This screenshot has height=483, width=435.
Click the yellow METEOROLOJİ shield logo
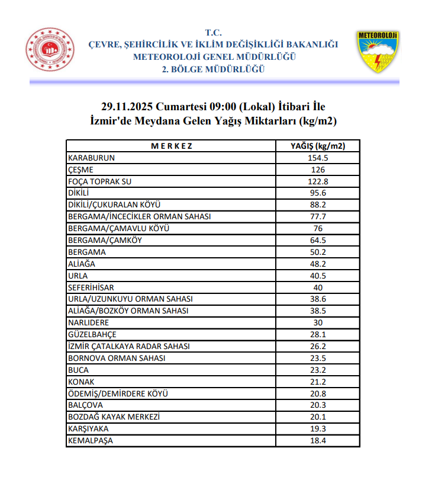[x=378, y=52]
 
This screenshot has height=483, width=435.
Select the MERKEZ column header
[x=171, y=146]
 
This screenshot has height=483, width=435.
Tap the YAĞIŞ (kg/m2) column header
[x=318, y=146]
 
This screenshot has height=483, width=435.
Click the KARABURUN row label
[x=92, y=158]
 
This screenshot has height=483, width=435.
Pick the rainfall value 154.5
[x=318, y=158]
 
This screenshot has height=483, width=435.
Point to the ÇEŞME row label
[x=81, y=169]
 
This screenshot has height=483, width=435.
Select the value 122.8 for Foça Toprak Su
[x=318, y=181]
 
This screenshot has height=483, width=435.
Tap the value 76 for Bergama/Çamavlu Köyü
[x=318, y=229]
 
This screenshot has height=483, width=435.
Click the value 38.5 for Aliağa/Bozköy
[x=318, y=311]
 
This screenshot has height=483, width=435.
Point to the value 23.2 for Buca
[x=318, y=370]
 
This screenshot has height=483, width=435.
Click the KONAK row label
[x=82, y=382]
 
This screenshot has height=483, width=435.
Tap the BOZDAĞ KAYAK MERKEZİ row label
[x=114, y=417]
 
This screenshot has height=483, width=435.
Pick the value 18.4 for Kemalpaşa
[x=318, y=441]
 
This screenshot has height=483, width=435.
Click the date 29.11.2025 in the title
[x=127, y=107]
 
